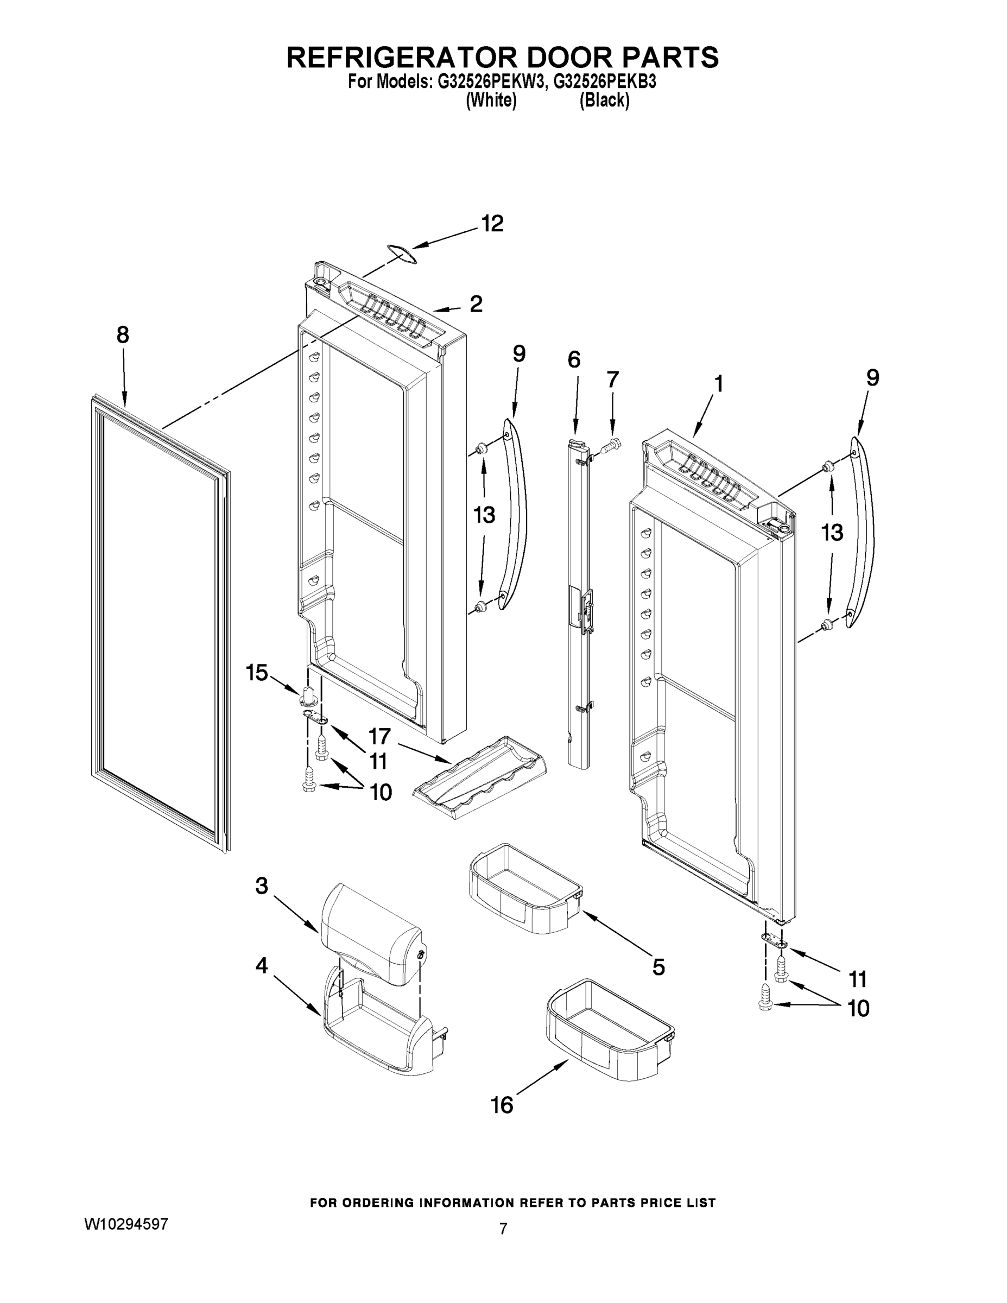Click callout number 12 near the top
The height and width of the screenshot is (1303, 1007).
tap(492, 224)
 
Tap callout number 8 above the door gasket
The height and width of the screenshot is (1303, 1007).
tap(122, 336)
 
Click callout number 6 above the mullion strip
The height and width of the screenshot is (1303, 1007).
tap(573, 360)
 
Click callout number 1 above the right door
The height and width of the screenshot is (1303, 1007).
tap(719, 384)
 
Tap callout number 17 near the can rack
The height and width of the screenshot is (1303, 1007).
tap(379, 736)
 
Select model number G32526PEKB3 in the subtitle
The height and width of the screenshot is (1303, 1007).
tap(604, 82)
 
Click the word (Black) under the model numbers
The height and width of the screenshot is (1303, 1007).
tap(604, 100)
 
